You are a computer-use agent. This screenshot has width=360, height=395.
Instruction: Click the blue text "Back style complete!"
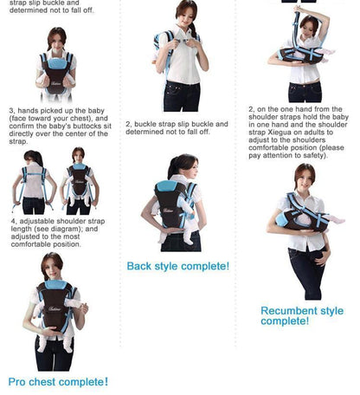[178, 266]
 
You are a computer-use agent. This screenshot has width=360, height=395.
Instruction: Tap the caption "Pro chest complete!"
[59, 382]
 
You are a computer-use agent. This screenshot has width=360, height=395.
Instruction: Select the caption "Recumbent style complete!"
[302, 316]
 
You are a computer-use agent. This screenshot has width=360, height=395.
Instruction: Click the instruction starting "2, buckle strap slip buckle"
[177, 128]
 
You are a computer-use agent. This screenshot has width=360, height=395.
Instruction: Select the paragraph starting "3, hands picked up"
[59, 126]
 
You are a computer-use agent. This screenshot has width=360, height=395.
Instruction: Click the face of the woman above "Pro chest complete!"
[53, 266]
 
